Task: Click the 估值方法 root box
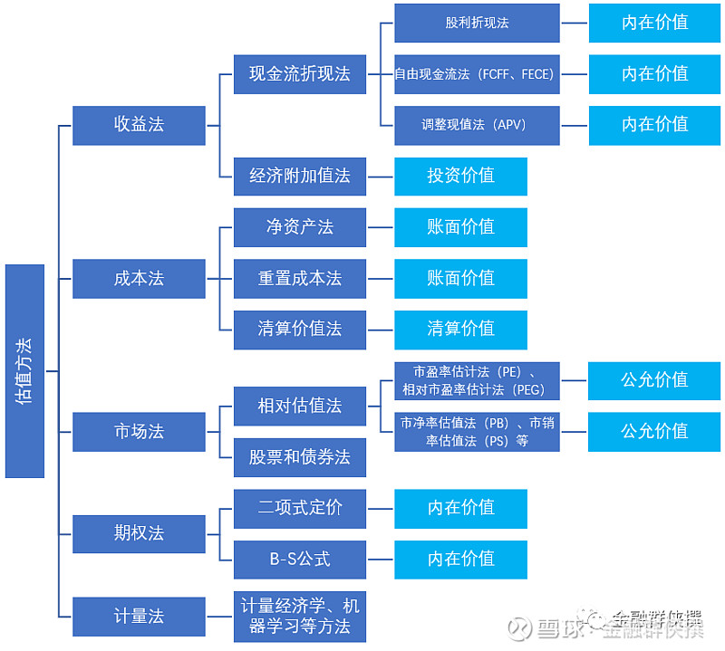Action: point(24,370)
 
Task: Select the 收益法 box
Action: point(139,124)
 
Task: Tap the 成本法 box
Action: point(139,278)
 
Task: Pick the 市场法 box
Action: point(139,431)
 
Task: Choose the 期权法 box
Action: point(139,533)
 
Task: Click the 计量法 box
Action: point(139,616)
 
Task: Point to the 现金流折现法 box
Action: point(300,73)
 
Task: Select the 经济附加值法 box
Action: point(300,176)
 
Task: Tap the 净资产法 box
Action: point(300,226)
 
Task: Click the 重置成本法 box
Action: point(300,278)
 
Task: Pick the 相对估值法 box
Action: point(300,406)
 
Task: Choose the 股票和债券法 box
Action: point(300,457)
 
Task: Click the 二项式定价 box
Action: point(300,508)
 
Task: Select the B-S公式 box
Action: point(300,559)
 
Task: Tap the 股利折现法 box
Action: point(477,23)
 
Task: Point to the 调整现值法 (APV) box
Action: point(477,125)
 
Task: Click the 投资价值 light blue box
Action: point(460,176)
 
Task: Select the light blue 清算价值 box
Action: point(460,329)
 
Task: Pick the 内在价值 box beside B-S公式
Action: point(460,559)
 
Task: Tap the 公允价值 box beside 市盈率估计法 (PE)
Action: point(654,380)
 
